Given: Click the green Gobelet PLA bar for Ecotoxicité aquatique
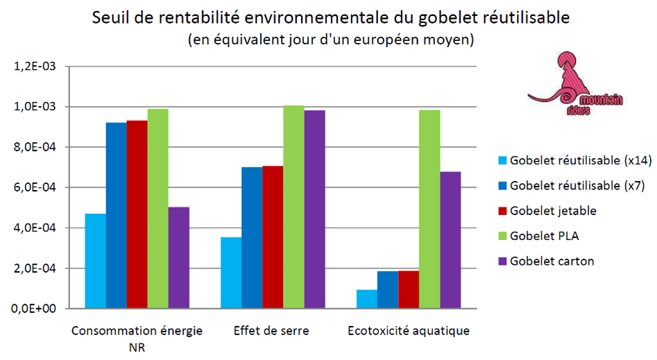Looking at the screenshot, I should tap(429, 209).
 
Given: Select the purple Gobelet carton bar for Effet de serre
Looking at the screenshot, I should tap(314, 209).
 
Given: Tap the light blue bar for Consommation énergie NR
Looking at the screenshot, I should tap(95, 261).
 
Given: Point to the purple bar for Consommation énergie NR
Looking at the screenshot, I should tap(178, 257).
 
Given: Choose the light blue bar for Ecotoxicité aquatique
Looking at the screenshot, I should tap(367, 299).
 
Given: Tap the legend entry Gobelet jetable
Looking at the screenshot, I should tap(553, 211).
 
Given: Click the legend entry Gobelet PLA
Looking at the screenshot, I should tap(544, 236).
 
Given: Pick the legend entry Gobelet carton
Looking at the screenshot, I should tap(551, 262).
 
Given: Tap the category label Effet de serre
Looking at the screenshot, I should tap(273, 331).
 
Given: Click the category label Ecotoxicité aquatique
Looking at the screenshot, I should tap(409, 331).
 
